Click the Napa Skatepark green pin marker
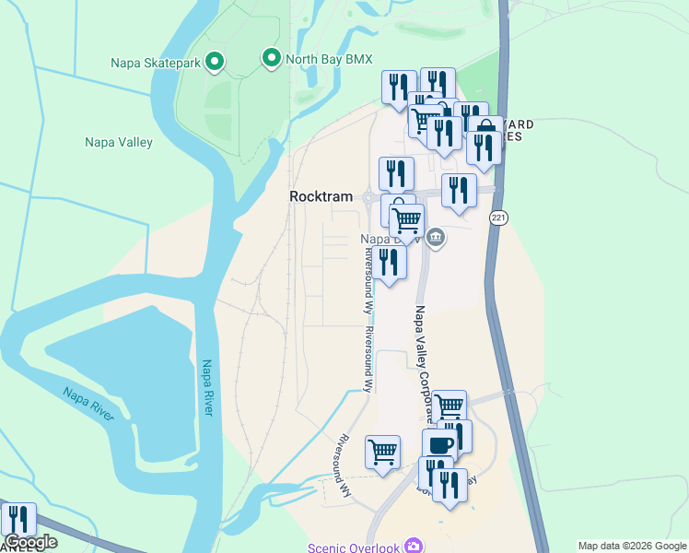pyautogui.click(x=215, y=62)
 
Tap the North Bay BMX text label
pyautogui.click(x=329, y=59)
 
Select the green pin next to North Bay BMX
pyautogui.click(x=271, y=59)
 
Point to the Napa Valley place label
pyautogui.click(x=119, y=142)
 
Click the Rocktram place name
pyautogui.click(x=321, y=196)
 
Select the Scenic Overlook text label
pyautogui.click(x=355, y=547)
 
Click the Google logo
pyautogui.click(x=31, y=543)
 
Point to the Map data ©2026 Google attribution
pyautogui.click(x=632, y=546)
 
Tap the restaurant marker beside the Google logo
pyautogui.click(x=18, y=519)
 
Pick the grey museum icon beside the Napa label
pyautogui.click(x=436, y=239)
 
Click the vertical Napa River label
pyautogui.click(x=206, y=387)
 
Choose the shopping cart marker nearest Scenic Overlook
pyautogui.click(x=382, y=452)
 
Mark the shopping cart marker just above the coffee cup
pyautogui.click(x=449, y=406)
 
